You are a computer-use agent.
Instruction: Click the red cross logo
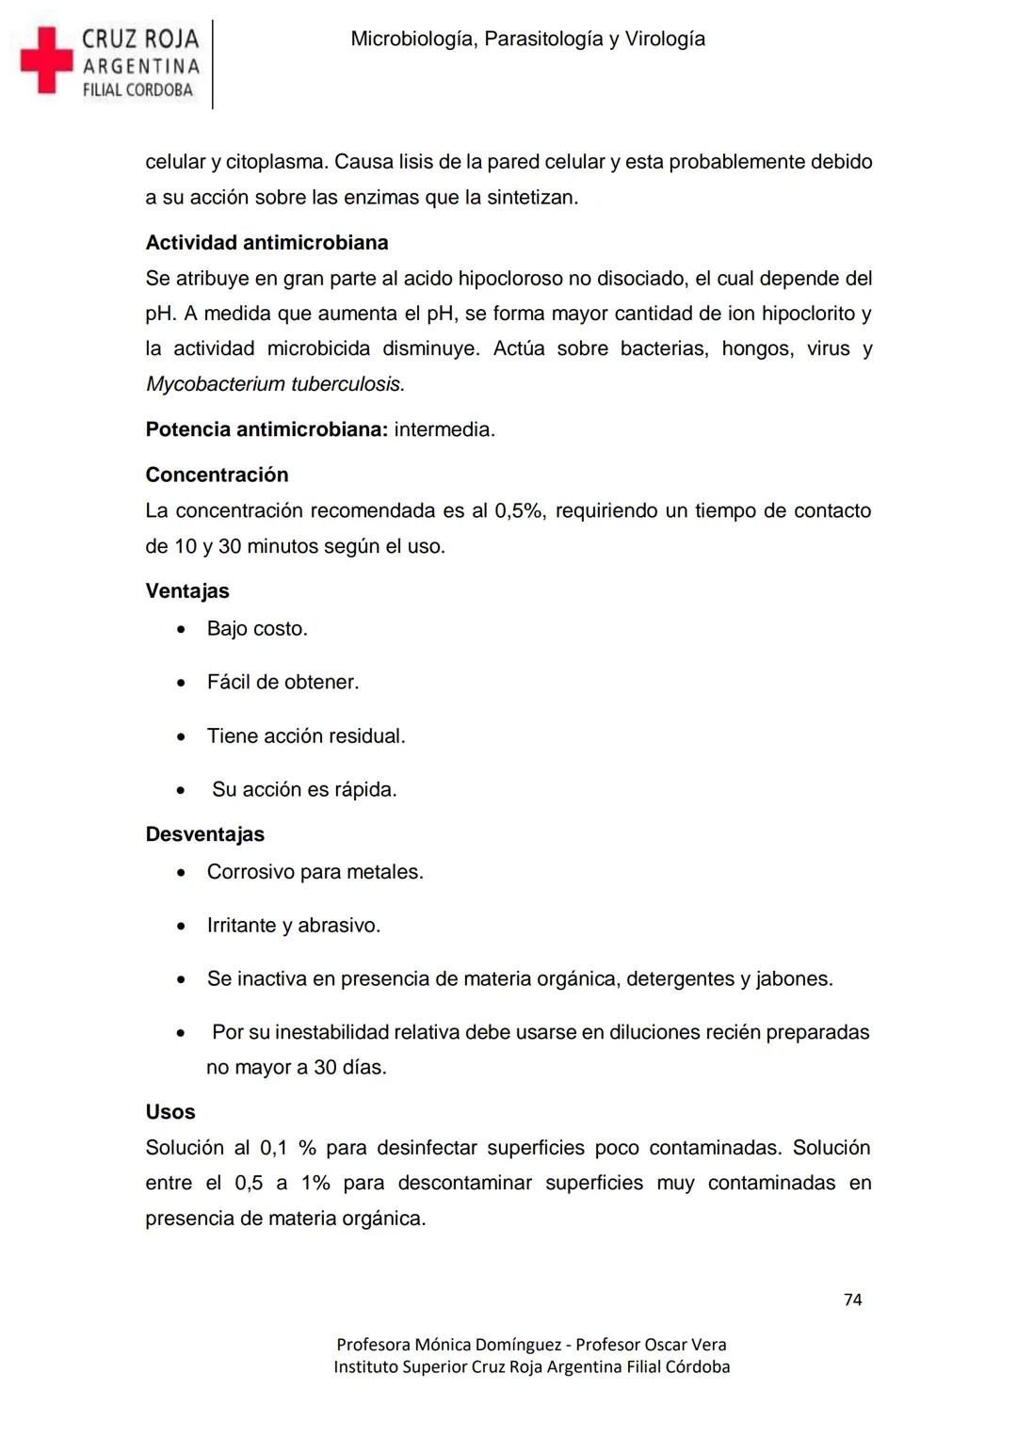coord(46,60)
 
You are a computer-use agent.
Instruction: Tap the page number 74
coord(852,1300)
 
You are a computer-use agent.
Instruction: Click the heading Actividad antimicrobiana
coord(266,243)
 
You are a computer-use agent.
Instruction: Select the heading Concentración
coord(217,475)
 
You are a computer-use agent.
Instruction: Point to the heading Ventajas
coord(187,591)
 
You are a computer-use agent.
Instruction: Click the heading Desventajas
coord(204,834)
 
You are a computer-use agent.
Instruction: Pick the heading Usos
coord(170,1112)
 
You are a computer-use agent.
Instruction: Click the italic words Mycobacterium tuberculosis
coord(274,384)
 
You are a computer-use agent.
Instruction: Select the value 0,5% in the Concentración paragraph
coord(519,510)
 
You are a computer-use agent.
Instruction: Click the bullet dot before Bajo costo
coord(181,629)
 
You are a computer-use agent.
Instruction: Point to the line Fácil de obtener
coord(282,682)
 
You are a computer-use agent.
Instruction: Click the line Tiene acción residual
coord(306,735)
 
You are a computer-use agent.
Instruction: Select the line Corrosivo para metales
coord(315,872)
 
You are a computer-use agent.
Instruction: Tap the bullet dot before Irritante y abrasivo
coord(181,927)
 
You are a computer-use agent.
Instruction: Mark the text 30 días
coord(349,1068)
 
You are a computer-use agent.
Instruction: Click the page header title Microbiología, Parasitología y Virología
coord(527,40)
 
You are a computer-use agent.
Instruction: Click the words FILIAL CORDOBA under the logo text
coord(137,90)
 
